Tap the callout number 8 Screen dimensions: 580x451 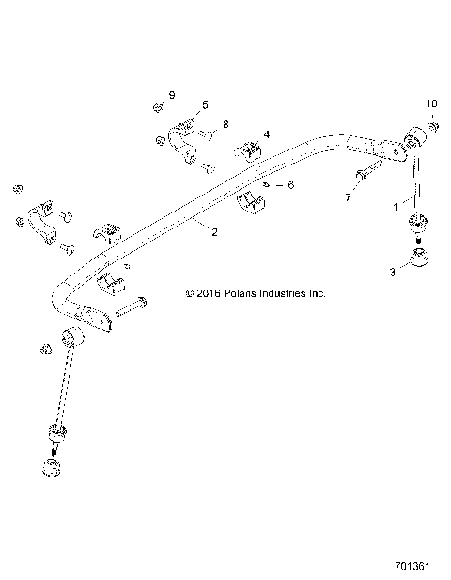coord(225,124)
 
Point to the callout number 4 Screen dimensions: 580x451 coord(266,135)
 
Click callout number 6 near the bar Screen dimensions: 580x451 coord(289,186)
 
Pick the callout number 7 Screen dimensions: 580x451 coord(347,198)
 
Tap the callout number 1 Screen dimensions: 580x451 coord(396,203)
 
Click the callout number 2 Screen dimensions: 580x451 coord(215,231)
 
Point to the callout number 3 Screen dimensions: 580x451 coord(393,272)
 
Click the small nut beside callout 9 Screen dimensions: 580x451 coord(156,106)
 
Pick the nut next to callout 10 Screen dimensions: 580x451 coord(431,126)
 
